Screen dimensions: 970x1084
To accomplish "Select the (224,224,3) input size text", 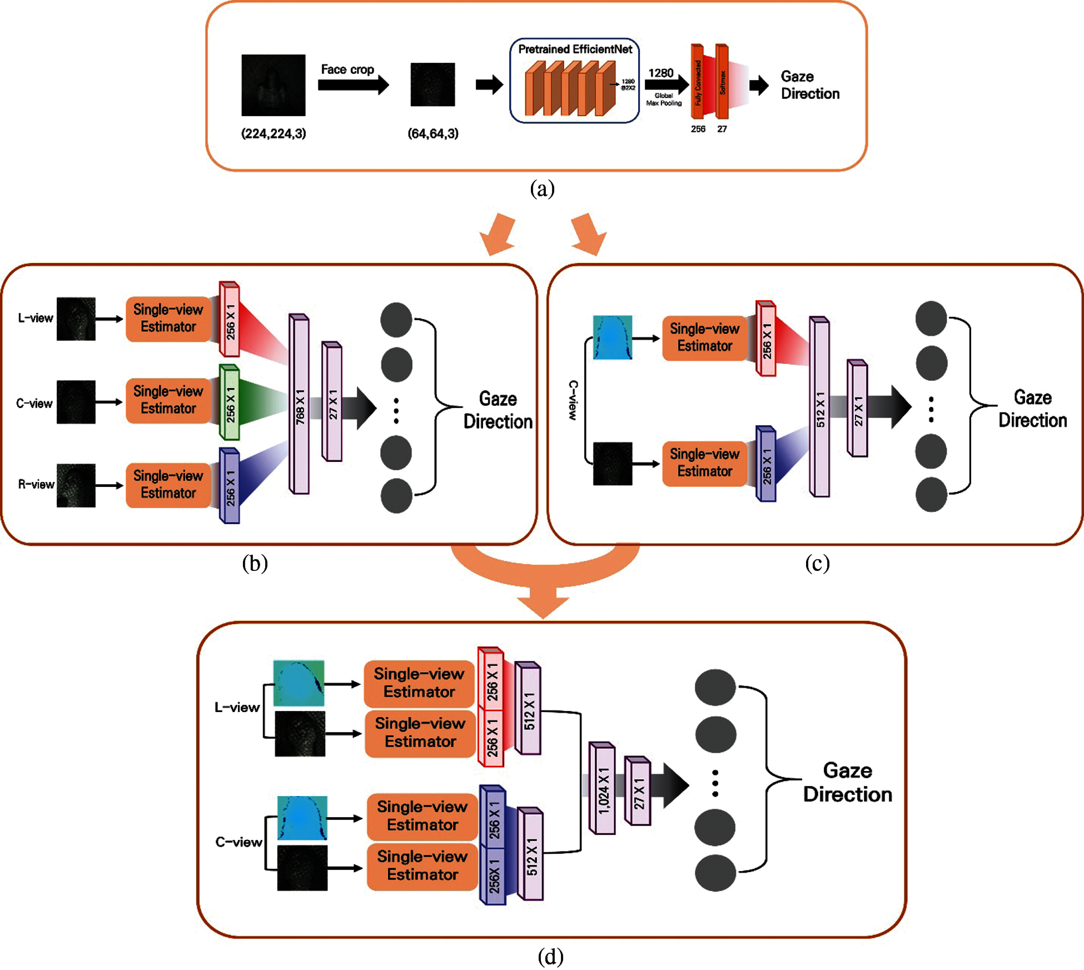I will coord(274,133).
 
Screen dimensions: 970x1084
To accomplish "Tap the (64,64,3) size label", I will coord(433,133).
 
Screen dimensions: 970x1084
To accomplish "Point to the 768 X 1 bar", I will coord(299,405).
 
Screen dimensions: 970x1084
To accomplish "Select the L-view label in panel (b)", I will coord(35,318).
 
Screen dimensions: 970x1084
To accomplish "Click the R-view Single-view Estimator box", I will coord(168,484).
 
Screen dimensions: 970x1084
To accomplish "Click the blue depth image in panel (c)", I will coord(612,337).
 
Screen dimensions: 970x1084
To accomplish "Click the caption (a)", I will coord(542,189).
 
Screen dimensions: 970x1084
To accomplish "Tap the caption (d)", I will coord(550,957).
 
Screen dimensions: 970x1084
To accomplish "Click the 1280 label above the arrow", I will coord(661,73).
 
